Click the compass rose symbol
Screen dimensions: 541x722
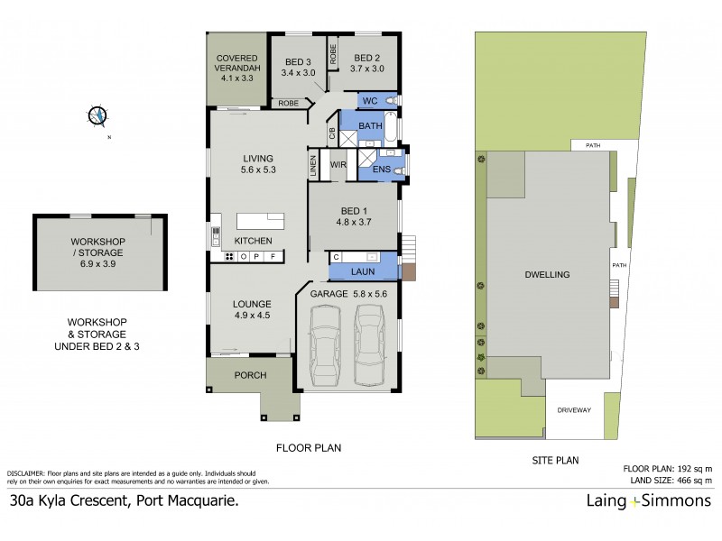tap(97, 115)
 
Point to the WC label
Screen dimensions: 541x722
tap(370, 101)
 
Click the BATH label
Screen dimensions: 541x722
tap(370, 125)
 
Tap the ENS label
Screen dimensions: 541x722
tap(383, 169)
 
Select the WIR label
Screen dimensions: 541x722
tap(338, 165)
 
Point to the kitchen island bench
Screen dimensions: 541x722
tap(261, 221)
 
